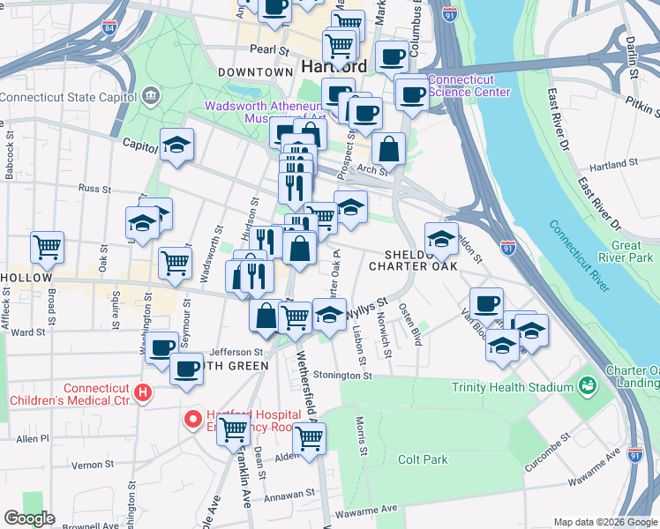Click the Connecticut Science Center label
[469, 86]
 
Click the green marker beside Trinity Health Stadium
[586, 386]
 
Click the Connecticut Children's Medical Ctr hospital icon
[141, 392]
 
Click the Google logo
[28, 518]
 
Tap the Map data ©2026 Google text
[604, 522]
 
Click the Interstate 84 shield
[109, 28]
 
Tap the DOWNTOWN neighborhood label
[255, 71]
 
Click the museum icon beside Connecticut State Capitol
[151, 95]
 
